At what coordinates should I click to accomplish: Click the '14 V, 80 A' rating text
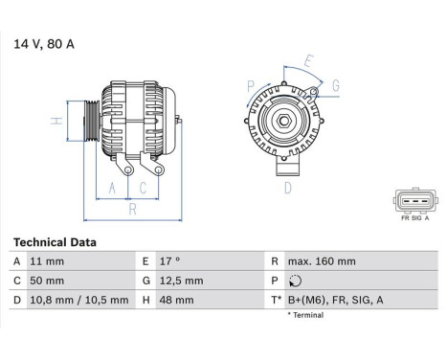[43, 43]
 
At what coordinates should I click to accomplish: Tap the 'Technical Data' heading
[55, 243]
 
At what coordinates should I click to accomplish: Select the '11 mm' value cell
[49, 261]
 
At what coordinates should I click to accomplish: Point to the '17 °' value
[169, 261]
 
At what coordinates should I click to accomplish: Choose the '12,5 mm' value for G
[182, 281]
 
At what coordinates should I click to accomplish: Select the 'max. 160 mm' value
[322, 261]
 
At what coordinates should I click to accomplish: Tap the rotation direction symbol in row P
[295, 281]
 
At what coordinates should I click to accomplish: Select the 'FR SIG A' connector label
[413, 218]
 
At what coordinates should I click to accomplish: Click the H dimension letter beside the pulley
[57, 121]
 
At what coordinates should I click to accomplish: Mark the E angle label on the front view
[307, 63]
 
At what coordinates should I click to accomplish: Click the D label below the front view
[286, 188]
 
